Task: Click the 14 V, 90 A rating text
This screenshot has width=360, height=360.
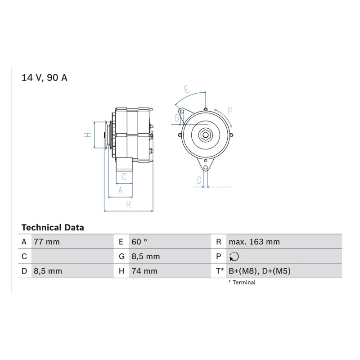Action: click(x=44, y=77)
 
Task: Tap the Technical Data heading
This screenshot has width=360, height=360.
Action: click(x=53, y=228)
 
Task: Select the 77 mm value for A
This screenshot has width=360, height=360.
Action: click(x=47, y=242)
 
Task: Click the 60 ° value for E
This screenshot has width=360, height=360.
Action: click(x=139, y=242)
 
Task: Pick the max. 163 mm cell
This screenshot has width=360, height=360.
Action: click(x=254, y=242)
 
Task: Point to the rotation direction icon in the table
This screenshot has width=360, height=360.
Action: click(x=234, y=256)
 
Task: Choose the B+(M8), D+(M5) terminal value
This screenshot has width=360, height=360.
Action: click(x=260, y=271)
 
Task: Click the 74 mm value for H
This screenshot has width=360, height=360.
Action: click(x=144, y=271)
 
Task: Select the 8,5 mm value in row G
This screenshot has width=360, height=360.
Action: click(x=145, y=256)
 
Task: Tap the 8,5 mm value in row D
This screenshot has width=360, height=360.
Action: click(x=48, y=271)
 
